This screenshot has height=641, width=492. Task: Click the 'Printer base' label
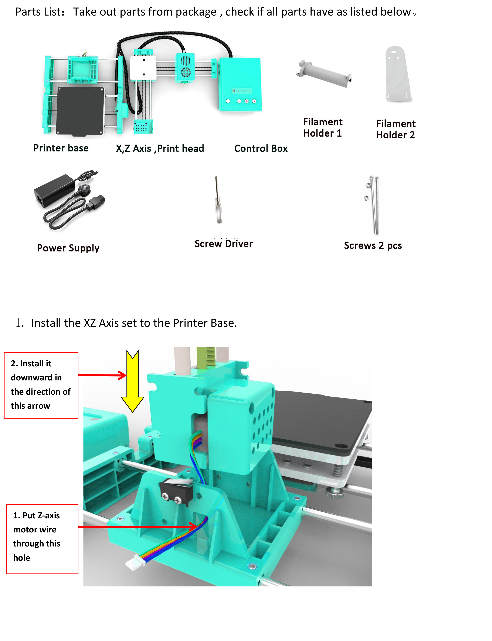(x=61, y=148)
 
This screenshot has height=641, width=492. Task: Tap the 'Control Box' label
(x=261, y=149)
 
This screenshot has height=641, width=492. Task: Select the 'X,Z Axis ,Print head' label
(x=160, y=149)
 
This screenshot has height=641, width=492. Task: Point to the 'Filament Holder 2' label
(x=396, y=129)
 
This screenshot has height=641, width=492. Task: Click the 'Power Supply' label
(x=68, y=248)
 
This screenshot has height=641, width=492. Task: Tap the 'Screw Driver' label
(x=223, y=244)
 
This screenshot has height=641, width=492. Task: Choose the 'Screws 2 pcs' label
(x=373, y=245)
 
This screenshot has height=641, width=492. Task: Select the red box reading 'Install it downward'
(x=41, y=385)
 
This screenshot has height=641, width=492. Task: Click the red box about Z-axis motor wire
(x=42, y=539)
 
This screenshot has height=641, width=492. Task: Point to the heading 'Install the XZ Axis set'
(x=134, y=323)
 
